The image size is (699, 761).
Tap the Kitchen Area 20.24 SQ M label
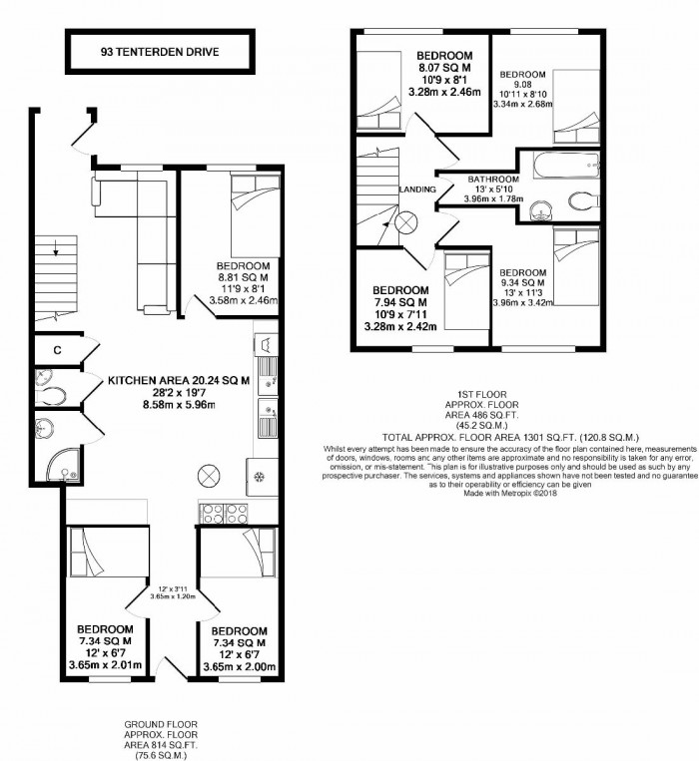(x=178, y=379)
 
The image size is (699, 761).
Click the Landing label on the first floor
(x=415, y=189)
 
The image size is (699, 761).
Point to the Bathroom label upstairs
(x=494, y=181)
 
